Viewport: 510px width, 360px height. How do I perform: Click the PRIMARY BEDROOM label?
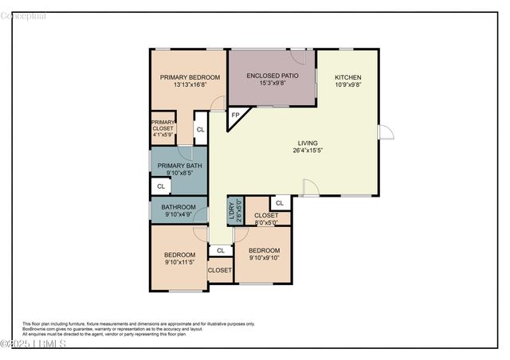point(189,77)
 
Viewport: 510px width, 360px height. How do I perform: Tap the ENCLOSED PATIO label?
point(272,75)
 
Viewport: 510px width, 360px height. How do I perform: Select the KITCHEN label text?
point(347,76)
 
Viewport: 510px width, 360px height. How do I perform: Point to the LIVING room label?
point(307,142)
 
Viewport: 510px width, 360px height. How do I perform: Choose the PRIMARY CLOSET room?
point(163,128)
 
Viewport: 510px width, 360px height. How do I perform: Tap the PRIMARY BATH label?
point(178,166)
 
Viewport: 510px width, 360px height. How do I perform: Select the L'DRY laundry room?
point(234,210)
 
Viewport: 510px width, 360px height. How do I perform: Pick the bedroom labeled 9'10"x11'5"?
point(179,258)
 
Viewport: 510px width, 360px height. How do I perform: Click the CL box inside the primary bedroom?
point(200,130)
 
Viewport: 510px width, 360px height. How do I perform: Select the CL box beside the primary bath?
point(160,186)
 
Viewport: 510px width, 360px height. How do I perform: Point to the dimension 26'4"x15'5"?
point(307,150)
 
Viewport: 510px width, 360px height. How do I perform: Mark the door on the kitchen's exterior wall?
point(385,132)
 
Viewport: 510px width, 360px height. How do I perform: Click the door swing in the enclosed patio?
point(298,57)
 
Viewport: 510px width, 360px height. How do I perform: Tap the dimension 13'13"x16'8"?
point(189,84)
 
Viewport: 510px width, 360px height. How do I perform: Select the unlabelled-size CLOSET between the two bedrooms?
point(219,270)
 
